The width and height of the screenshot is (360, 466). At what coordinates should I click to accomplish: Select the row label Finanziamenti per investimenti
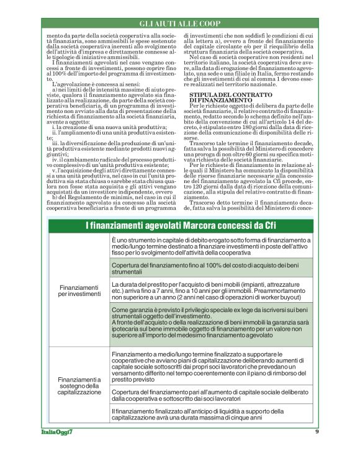coord(79,291)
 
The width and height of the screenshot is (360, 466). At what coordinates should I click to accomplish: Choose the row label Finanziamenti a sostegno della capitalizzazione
coord(79,385)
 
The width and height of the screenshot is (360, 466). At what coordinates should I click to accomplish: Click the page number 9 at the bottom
coord(317,432)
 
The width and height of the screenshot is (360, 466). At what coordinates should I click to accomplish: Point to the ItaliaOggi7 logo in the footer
coord(54,432)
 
